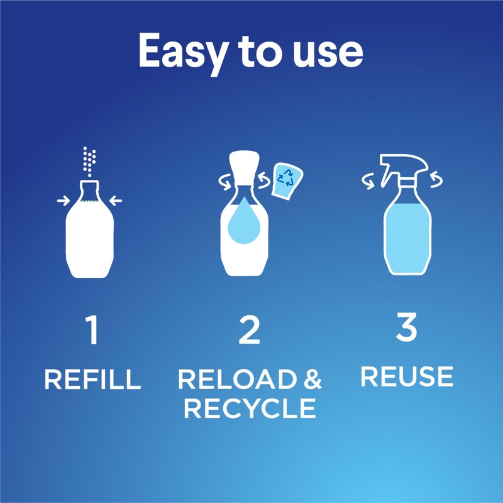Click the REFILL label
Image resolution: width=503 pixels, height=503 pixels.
coord(92,380)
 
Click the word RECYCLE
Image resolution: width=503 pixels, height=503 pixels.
coord(250,409)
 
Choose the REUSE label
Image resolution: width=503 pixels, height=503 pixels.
coord(407,376)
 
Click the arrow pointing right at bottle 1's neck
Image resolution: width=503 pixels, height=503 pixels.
coord(63,201)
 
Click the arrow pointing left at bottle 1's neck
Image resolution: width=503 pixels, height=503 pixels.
coord(116,201)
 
